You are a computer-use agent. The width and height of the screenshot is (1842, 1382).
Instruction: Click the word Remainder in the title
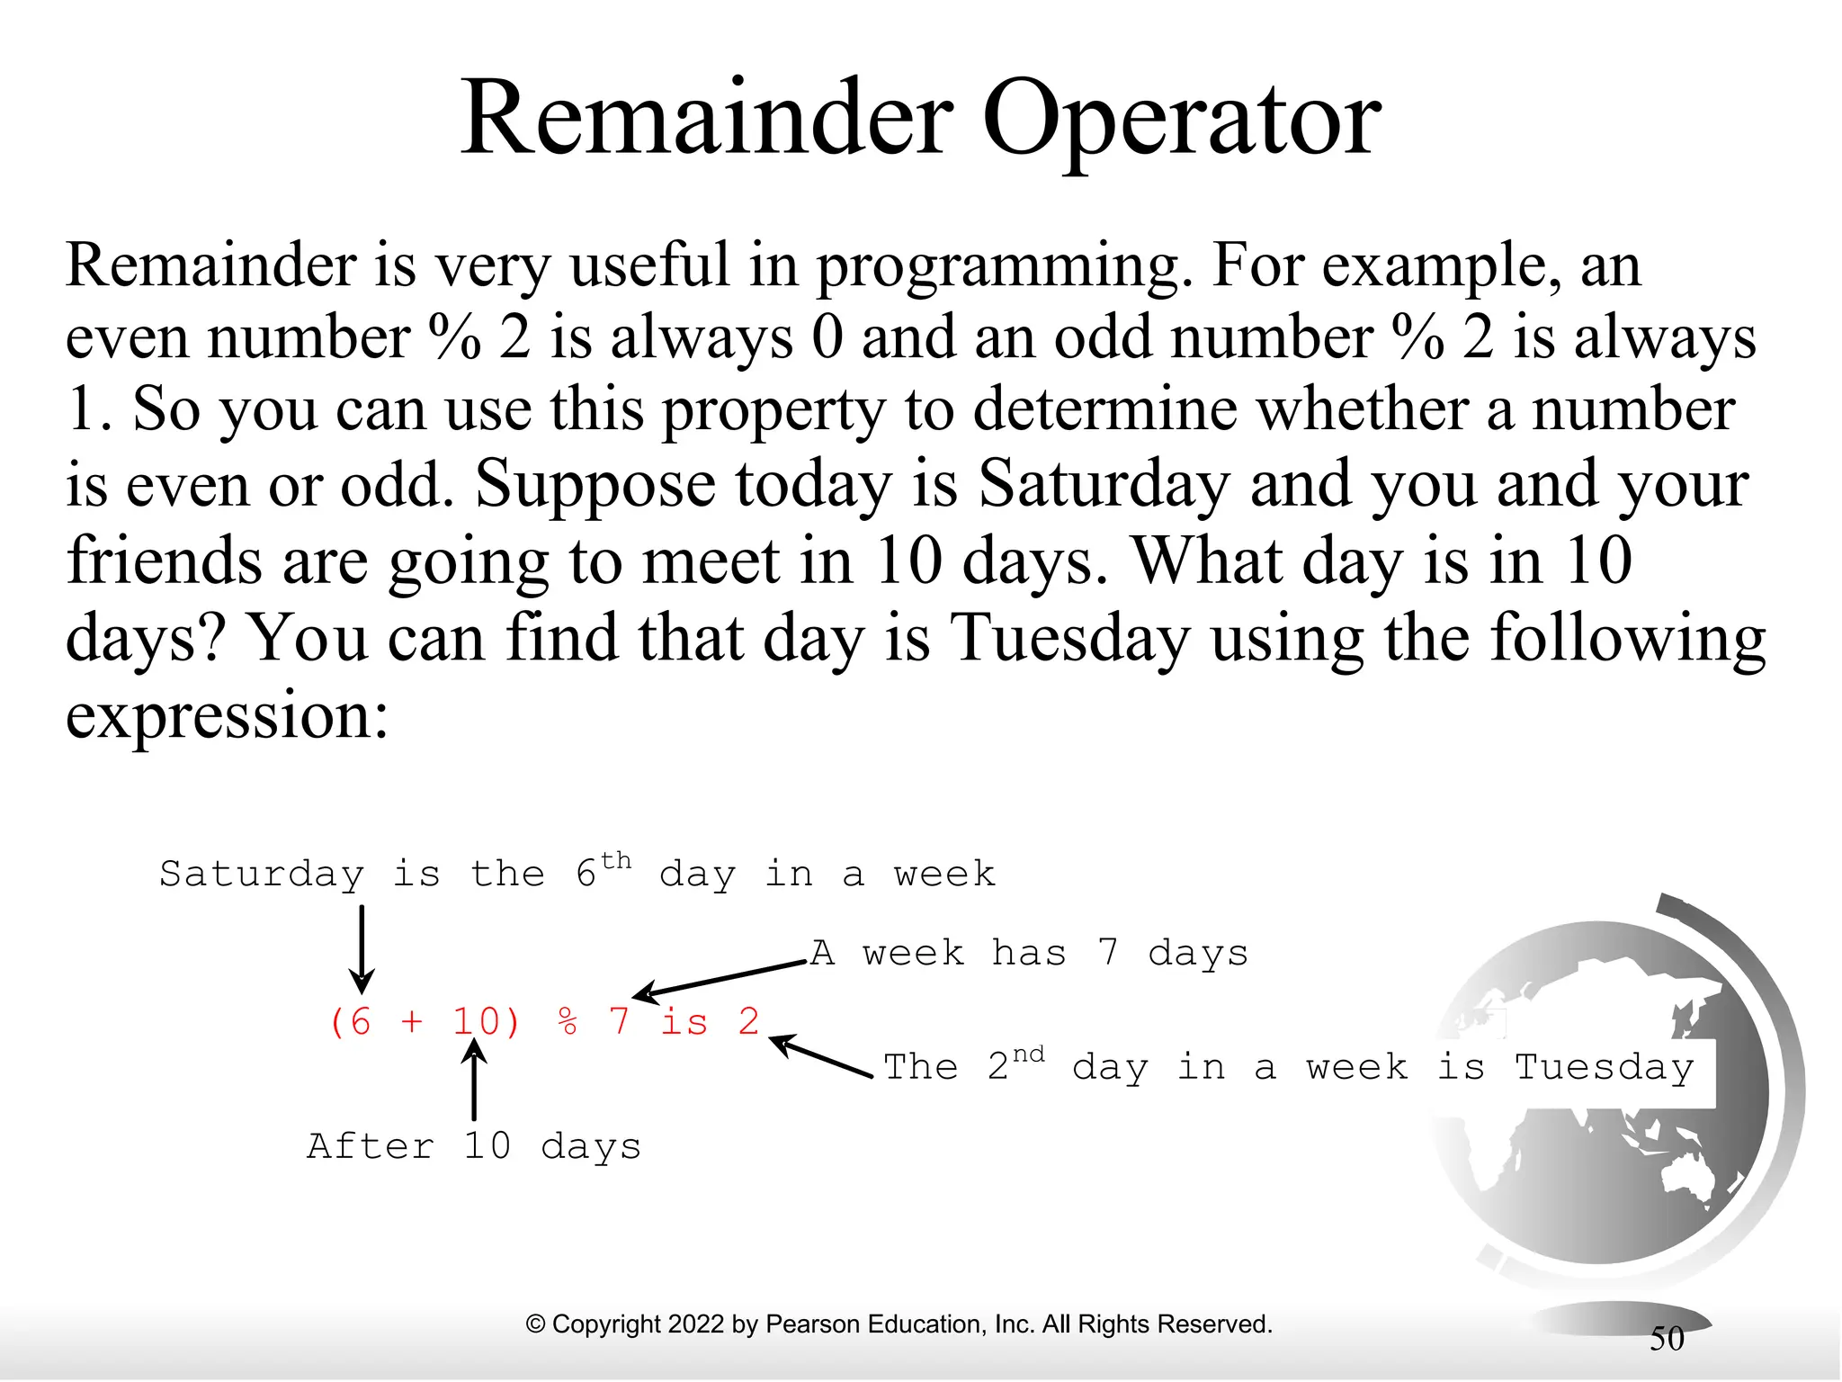click(x=707, y=119)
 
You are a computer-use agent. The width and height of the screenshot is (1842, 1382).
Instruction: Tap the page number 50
click(x=1667, y=1339)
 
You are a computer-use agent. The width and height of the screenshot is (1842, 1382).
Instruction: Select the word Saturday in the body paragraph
click(x=1104, y=485)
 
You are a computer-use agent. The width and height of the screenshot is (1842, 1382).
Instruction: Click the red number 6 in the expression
click(x=360, y=1022)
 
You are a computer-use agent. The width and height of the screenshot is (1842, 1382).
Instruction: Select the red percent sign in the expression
click(x=567, y=1022)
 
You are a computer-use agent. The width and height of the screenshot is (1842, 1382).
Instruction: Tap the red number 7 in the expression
click(x=618, y=1022)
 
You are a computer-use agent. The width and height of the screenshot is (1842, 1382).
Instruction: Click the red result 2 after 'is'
click(x=748, y=1022)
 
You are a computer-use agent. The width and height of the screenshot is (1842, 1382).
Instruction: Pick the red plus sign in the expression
click(x=411, y=1023)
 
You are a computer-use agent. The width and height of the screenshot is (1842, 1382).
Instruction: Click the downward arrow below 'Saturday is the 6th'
click(x=362, y=949)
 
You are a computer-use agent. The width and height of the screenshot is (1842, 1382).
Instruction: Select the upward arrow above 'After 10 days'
click(x=474, y=1083)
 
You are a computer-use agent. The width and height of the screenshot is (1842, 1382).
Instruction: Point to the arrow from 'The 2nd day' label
click(x=820, y=1056)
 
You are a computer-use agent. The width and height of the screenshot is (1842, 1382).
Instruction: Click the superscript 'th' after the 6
click(x=616, y=861)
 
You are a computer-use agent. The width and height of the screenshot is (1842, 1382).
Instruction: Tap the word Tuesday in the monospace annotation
click(x=1604, y=1068)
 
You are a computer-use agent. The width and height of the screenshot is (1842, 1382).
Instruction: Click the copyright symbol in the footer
click(x=535, y=1324)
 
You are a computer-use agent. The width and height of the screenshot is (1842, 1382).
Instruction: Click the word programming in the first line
click(x=1006, y=267)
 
